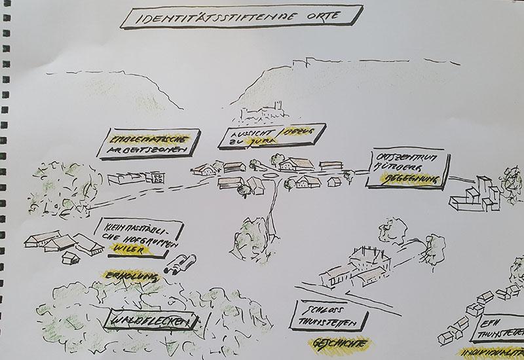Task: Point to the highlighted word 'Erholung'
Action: pos(130,276)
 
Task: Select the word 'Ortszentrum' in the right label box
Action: pos(403,158)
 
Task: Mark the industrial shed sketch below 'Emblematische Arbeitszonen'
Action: pos(134,177)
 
